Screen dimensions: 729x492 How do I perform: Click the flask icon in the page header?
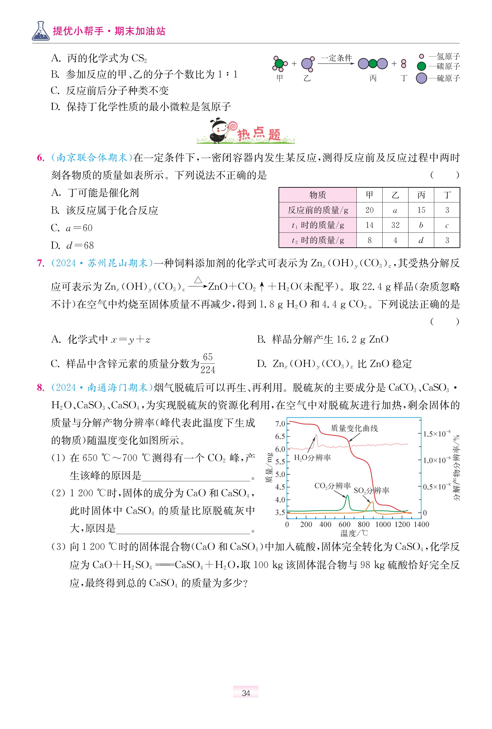pos(41,31)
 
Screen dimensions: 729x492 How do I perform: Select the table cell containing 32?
pos(395,225)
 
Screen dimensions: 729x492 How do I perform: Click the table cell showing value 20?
pos(369,210)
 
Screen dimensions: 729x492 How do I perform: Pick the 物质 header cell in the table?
pos(317,195)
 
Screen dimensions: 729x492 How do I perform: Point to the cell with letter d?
pos(421,240)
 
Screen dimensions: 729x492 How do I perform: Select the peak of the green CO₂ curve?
pos(347,496)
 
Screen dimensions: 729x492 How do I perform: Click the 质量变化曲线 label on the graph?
pos(354,428)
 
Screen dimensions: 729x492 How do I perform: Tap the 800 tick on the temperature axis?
pos(364,525)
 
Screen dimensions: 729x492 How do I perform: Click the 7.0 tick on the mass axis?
pos(280,424)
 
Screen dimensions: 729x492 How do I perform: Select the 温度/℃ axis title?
pos(354,533)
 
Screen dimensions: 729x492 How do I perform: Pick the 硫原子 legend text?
pos(448,78)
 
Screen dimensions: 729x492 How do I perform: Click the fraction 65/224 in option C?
pos(208,364)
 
